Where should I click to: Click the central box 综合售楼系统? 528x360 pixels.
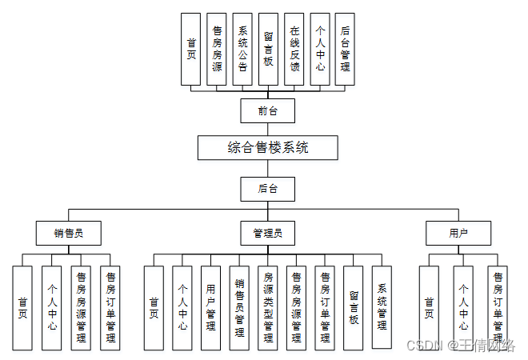[268, 147]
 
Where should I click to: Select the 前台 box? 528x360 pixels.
[268, 110]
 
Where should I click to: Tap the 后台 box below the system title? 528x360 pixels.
[268, 189]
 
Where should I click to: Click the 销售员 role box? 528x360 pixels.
[68, 233]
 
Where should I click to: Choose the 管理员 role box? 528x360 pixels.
[268, 233]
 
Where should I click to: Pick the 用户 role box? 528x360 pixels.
[458, 233]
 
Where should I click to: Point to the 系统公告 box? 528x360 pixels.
[242, 49]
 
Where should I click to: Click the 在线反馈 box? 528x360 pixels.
[294, 49]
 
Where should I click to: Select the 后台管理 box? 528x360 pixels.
[344, 49]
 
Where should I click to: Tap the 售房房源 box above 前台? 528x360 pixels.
[217, 49]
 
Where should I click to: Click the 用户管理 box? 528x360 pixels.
[210, 308]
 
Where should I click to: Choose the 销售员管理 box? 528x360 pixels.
[239, 308]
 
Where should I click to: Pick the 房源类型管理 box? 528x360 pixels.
[268, 308]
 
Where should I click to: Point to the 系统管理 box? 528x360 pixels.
[382, 308]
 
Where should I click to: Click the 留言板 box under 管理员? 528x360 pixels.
[354, 308]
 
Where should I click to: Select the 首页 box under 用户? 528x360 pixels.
[429, 308]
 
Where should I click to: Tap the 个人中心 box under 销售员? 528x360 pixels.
[52, 308]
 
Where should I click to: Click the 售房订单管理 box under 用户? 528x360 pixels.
[497, 308]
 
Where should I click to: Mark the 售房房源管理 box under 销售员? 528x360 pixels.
[81, 308]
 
